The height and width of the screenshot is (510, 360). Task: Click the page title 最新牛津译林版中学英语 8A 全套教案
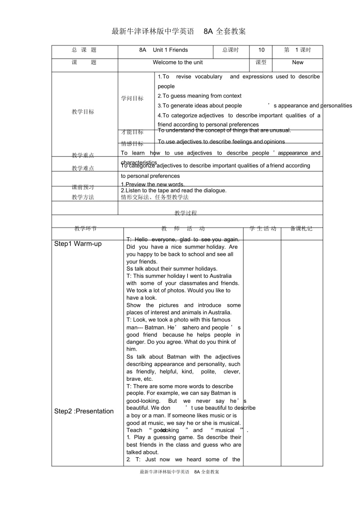point(178,32)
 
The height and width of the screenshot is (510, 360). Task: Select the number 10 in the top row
point(261,50)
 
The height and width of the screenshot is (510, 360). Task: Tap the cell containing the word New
point(297,62)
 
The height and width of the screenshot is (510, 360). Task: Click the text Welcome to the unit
point(178,62)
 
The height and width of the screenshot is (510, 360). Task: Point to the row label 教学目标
point(83,112)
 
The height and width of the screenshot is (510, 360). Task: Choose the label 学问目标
point(132,99)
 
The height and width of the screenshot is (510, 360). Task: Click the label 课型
point(261,62)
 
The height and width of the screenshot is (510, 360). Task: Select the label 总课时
point(230,50)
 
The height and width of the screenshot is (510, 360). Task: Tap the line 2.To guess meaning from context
point(200,96)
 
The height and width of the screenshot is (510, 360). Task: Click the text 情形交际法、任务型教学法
point(155,197)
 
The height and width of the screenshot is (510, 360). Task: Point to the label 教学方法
point(83,197)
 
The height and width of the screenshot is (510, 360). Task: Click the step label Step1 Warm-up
point(78,244)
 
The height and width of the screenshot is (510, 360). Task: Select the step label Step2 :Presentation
point(84,411)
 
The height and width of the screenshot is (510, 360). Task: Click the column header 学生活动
point(263,229)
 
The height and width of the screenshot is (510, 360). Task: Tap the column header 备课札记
point(301,229)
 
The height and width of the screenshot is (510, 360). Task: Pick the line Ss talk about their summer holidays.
point(172,269)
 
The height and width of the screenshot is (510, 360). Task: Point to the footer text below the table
point(179,472)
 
